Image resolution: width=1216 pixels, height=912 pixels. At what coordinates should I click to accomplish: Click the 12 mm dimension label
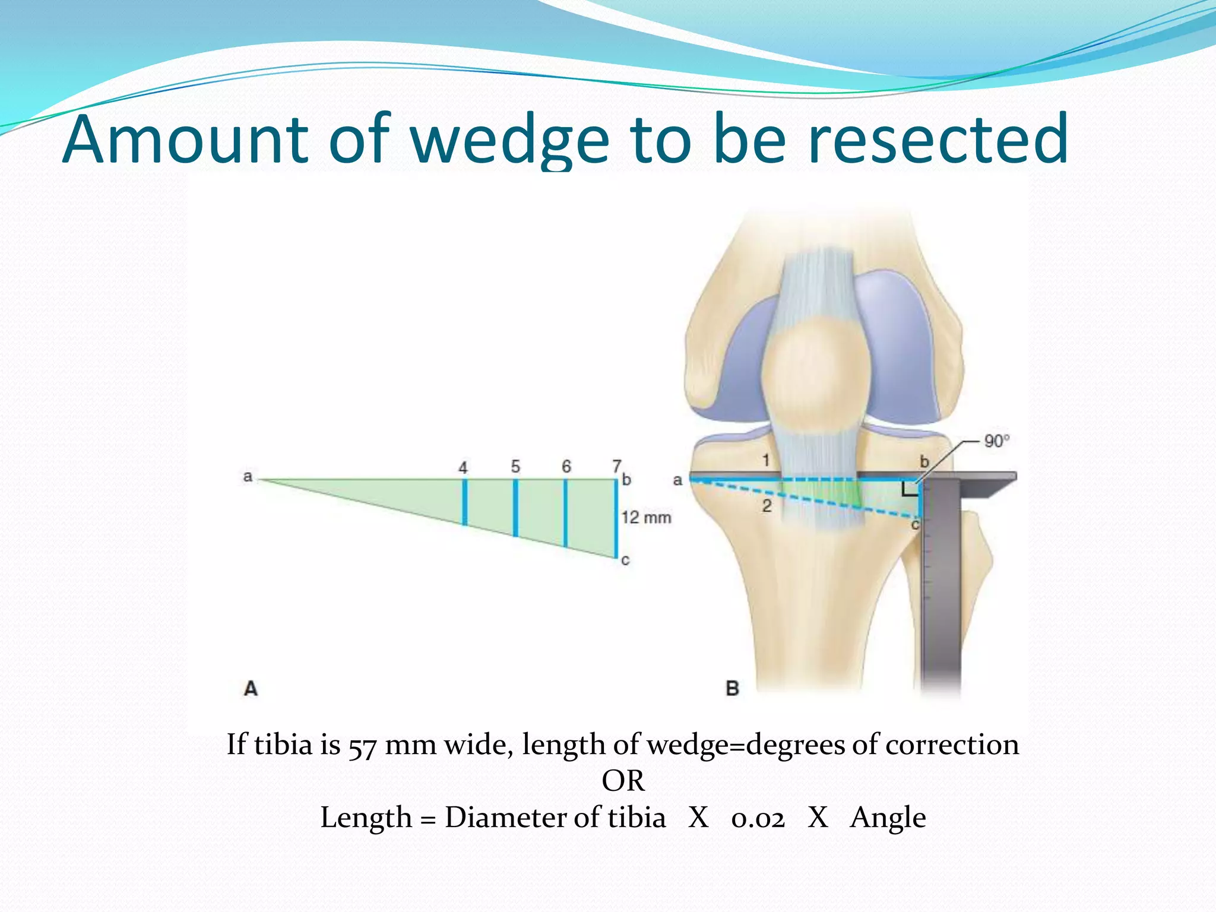click(646, 518)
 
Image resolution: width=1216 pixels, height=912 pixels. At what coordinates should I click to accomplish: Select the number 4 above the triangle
click(463, 468)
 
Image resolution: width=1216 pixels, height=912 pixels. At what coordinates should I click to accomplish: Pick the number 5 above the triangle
click(515, 467)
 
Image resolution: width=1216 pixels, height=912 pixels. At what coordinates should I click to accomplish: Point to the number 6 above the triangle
click(566, 467)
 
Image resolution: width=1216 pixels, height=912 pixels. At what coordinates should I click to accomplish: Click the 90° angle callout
click(996, 441)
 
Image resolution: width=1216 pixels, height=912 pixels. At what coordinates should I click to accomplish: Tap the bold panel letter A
click(251, 689)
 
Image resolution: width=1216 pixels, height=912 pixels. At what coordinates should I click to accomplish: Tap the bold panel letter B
click(732, 689)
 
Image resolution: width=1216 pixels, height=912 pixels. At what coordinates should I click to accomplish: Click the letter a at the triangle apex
click(248, 476)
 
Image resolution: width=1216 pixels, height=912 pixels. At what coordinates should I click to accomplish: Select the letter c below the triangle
click(625, 560)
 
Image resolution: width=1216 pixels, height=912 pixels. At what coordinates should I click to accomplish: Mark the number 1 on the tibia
click(766, 460)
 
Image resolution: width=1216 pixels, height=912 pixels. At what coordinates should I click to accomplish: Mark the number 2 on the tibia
click(767, 506)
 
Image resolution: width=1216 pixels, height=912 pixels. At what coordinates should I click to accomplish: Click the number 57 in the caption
click(362, 746)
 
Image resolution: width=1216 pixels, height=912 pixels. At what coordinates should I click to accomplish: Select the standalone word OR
click(623, 781)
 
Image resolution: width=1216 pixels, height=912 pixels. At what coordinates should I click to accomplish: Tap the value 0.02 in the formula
click(758, 818)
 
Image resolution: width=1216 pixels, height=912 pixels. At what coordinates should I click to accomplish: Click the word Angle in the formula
click(888, 818)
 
